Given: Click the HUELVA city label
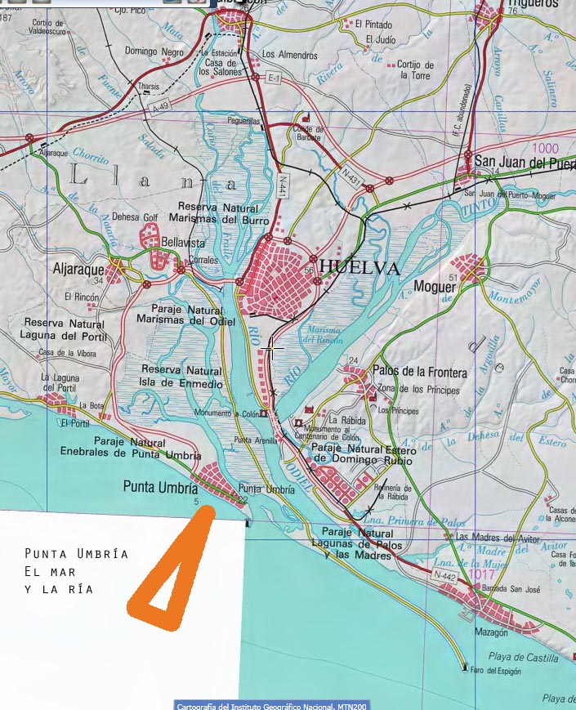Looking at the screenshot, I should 359,268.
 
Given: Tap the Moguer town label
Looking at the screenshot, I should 434,286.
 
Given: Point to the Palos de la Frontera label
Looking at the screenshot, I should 420,373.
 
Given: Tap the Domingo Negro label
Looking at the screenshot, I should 154,51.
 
